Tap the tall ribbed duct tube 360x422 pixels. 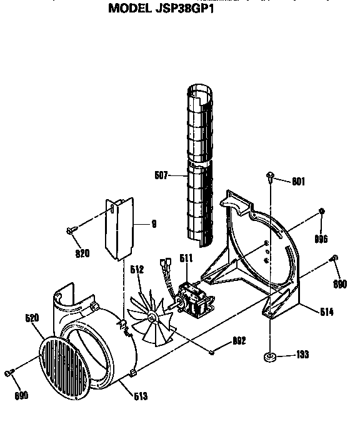click(201, 162)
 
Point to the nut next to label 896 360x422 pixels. click(322, 212)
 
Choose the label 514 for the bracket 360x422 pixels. click(326, 312)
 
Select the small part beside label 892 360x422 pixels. click(213, 352)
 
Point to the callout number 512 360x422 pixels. click(137, 270)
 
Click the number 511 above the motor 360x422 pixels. click(186, 258)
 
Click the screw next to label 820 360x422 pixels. click(69, 232)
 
